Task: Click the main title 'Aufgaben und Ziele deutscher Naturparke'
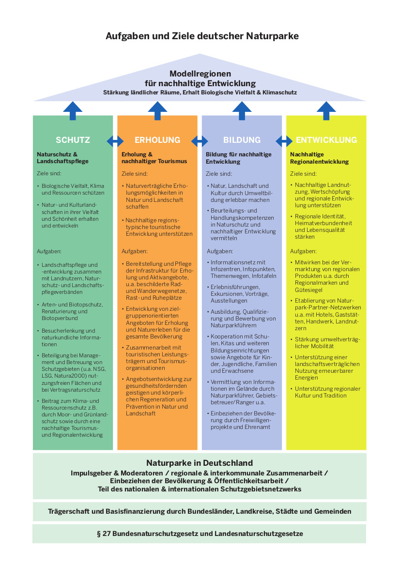tap(202, 36)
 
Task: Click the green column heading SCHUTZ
tap(73, 140)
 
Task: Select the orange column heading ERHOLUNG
tap(157, 140)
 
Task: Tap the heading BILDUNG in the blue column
tap(242, 140)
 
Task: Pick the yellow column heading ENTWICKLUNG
tap(326, 140)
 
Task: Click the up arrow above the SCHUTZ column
tap(73, 110)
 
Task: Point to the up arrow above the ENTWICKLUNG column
tap(326, 110)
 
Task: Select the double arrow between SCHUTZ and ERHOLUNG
tap(115, 141)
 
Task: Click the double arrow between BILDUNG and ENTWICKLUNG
tap(284, 141)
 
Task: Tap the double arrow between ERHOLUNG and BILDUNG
tap(200, 141)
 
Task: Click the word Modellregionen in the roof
tap(200, 74)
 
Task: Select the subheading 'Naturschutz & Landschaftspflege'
tap(62, 158)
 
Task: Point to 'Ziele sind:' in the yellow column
tap(303, 174)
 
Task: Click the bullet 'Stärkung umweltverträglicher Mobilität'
tap(325, 343)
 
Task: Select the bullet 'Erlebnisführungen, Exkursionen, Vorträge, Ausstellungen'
tap(238, 294)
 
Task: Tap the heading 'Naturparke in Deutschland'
tap(200, 463)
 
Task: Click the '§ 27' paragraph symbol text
tap(104, 534)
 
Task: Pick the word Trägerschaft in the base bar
tap(69, 511)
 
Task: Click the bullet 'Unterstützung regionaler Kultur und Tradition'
tap(325, 392)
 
